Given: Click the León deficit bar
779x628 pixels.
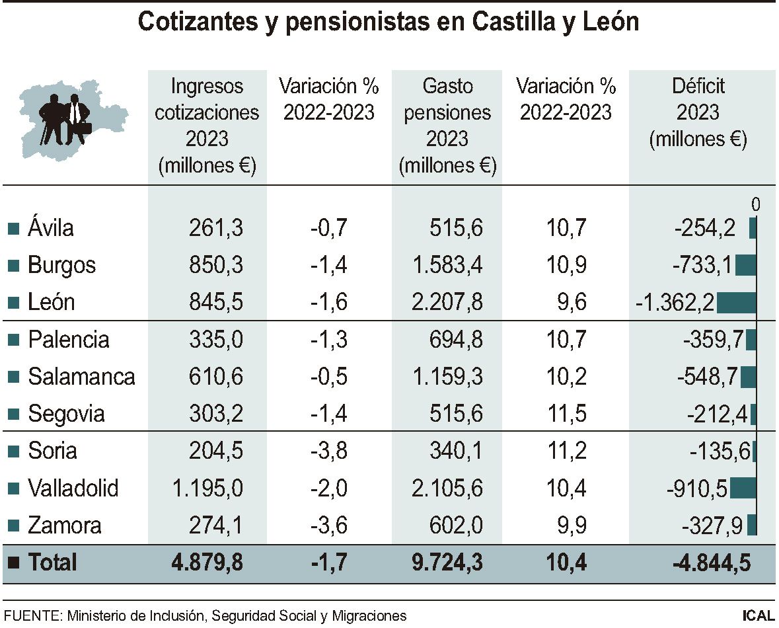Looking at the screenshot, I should point(735,303).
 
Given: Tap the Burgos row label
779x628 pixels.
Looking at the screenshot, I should point(61,265).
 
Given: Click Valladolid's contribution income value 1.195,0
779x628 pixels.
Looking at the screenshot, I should point(208,489).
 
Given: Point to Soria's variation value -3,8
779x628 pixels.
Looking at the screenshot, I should point(328,451).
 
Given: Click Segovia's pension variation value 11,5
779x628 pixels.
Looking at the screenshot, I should point(566,414).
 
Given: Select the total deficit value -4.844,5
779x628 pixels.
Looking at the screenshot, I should point(712,563).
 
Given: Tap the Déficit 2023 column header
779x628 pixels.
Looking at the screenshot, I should point(698,112).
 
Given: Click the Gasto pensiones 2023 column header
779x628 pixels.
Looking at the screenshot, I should point(447,126).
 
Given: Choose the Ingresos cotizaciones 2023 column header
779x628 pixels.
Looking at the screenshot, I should point(207,126).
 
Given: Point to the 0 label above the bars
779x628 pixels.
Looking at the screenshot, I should point(756,205).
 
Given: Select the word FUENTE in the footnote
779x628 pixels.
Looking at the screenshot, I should point(31,615).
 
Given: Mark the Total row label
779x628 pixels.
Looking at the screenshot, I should point(52,563).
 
